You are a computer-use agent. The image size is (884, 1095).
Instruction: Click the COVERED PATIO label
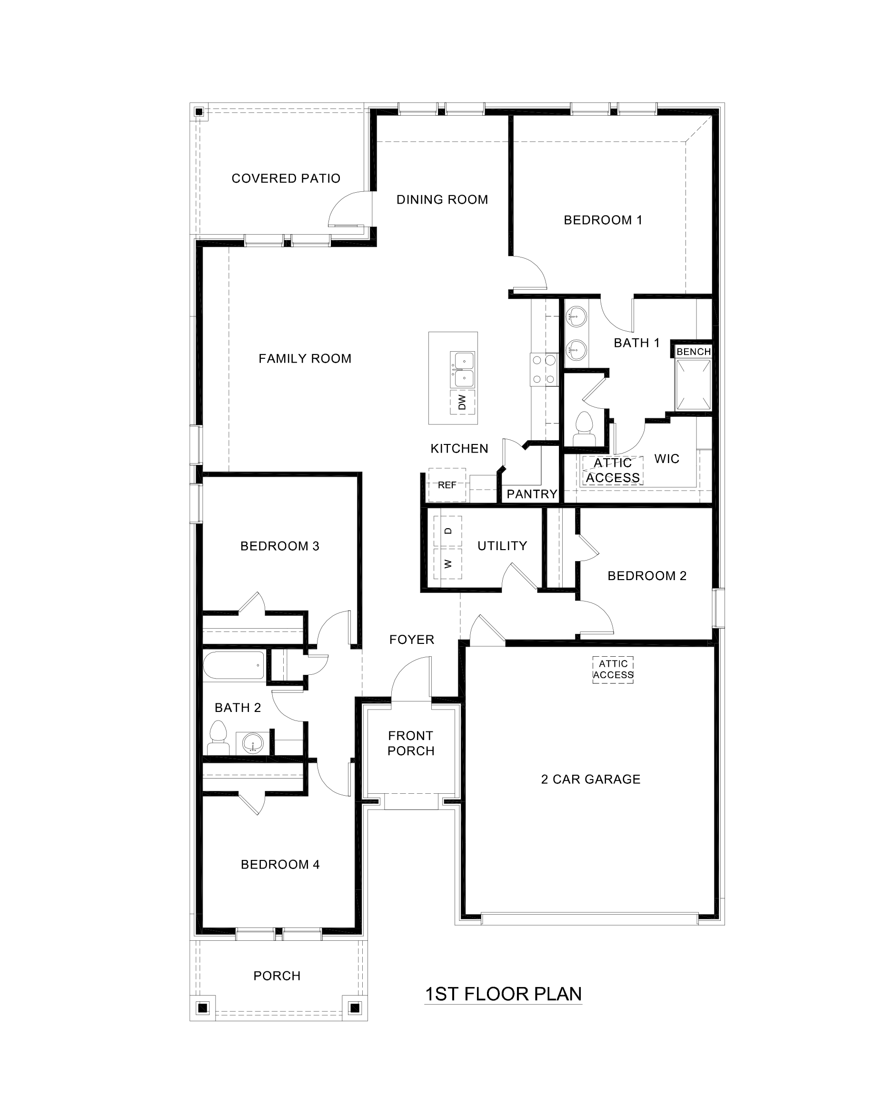click(286, 178)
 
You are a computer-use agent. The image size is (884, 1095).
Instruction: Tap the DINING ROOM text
click(442, 199)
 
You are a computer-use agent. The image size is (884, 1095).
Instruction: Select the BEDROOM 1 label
click(603, 220)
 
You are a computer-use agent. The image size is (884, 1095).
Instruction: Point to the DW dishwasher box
click(462, 402)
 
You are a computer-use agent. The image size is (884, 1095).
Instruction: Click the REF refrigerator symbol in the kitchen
click(447, 485)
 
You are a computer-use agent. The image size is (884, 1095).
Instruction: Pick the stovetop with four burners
click(544, 369)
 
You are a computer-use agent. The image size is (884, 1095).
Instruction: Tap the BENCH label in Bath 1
click(693, 352)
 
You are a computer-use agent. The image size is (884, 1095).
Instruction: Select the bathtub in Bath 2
click(234, 665)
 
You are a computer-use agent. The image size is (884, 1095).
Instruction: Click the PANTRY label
click(532, 494)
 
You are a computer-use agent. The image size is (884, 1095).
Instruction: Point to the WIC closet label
click(666, 459)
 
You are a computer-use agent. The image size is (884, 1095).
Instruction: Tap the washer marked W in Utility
click(448, 563)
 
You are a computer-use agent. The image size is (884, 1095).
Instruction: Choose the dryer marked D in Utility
click(448, 531)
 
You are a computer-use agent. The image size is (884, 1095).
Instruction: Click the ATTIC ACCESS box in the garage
click(613, 670)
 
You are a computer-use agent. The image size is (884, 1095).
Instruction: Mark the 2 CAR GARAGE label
click(591, 779)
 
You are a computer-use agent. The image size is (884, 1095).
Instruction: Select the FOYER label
click(411, 640)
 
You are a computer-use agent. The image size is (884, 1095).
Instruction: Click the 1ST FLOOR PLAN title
click(503, 994)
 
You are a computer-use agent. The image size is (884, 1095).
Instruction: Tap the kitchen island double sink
click(462, 369)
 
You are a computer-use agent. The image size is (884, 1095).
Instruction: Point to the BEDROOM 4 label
click(280, 864)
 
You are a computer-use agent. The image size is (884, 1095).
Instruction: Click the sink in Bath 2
click(253, 744)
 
